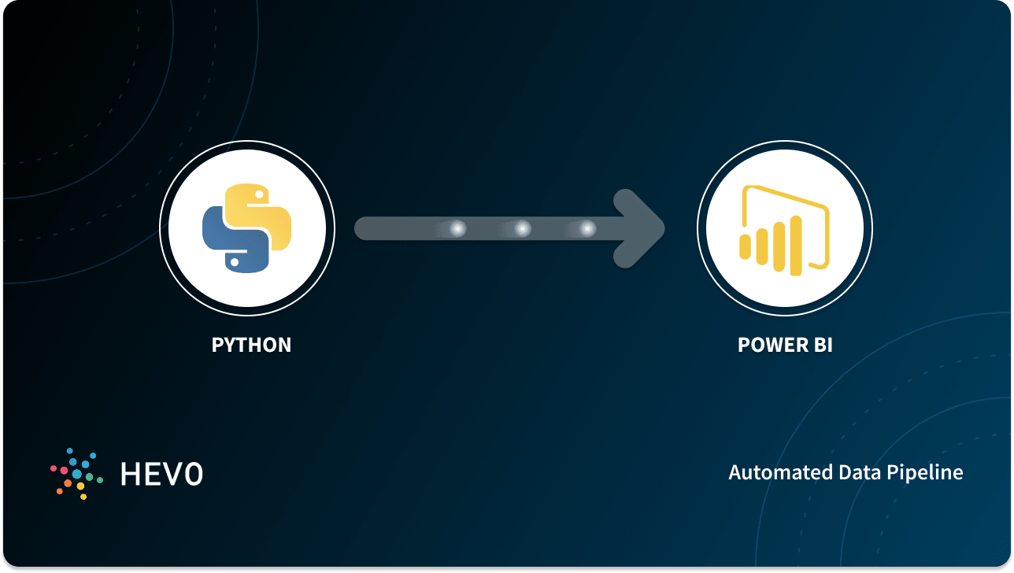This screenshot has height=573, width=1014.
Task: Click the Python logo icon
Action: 247,229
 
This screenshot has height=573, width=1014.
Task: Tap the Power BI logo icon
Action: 784,230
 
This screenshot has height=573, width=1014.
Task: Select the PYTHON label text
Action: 251,345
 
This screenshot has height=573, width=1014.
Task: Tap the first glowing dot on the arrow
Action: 457,229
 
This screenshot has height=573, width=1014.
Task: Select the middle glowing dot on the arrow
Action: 523,229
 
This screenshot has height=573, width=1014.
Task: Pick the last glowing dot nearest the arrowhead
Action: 587,229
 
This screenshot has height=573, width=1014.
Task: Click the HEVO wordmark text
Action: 161,473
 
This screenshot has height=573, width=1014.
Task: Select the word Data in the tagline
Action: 847,472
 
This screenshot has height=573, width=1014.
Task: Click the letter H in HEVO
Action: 130,473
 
